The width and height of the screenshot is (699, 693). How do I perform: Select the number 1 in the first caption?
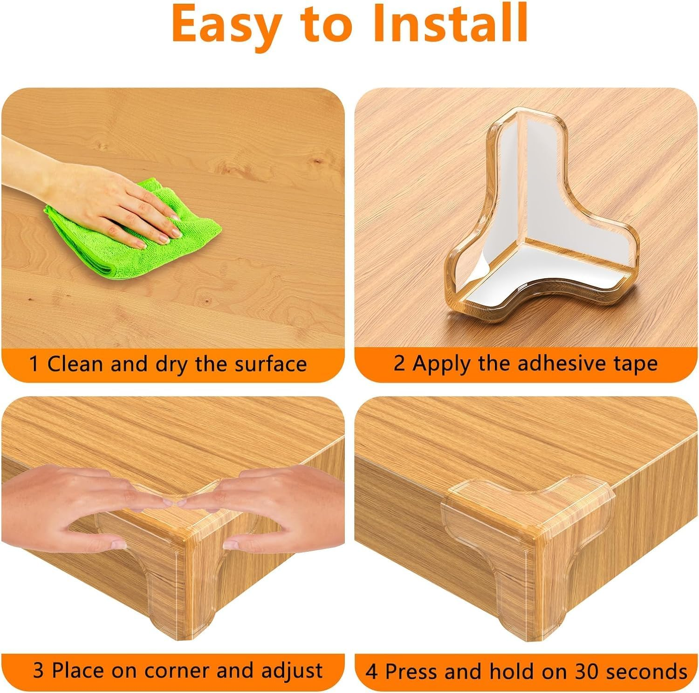pyautogui.click(x=34, y=364)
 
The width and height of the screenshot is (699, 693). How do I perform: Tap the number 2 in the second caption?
pyautogui.click(x=399, y=364)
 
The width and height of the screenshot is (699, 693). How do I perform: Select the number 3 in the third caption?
pyautogui.click(x=38, y=671)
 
